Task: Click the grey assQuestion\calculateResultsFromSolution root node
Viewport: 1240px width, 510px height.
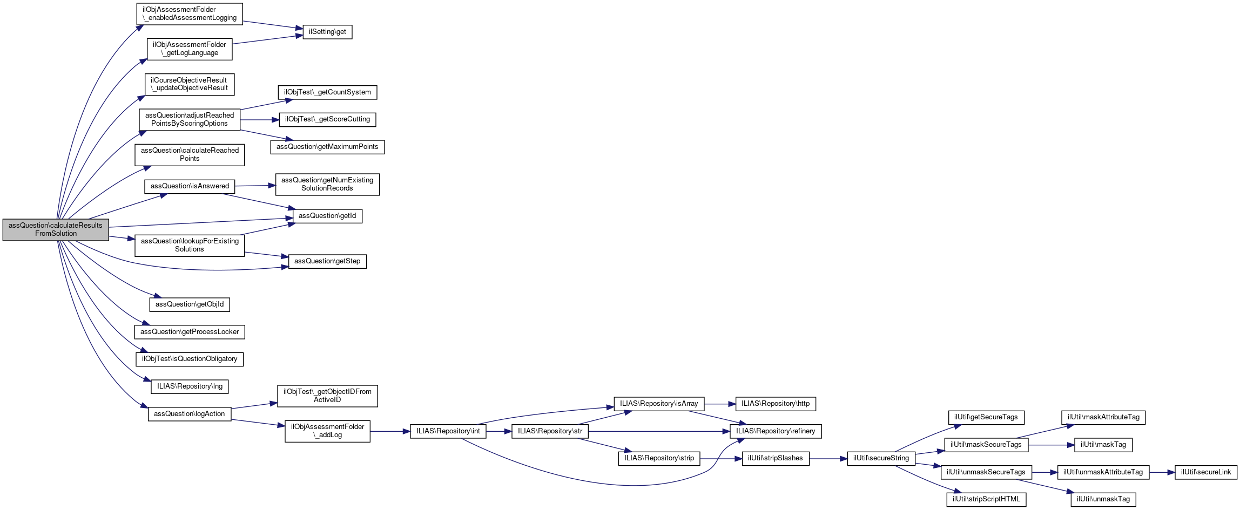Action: (x=56, y=229)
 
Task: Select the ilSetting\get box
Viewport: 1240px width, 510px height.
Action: (x=327, y=32)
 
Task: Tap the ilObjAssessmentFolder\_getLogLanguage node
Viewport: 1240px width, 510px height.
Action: (x=190, y=49)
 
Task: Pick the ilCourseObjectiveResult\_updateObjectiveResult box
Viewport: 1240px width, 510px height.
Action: (x=190, y=84)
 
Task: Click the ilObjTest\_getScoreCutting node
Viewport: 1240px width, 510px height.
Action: (x=327, y=119)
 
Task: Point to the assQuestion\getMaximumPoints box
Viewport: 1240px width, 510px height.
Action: (x=327, y=147)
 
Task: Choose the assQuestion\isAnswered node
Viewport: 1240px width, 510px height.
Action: (x=190, y=186)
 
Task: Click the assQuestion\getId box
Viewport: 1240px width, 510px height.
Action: (x=327, y=216)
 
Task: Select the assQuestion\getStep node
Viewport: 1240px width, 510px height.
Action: (x=327, y=261)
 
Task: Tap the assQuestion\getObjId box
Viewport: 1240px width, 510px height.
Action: (x=190, y=304)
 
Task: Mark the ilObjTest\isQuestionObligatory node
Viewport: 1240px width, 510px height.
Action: (x=190, y=359)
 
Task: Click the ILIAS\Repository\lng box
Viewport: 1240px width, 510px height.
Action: (x=190, y=386)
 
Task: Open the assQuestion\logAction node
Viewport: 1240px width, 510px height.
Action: (x=190, y=414)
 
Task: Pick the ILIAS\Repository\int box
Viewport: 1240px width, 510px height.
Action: (x=448, y=431)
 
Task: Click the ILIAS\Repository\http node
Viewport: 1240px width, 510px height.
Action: (x=776, y=404)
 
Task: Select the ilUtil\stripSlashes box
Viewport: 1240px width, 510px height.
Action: (x=776, y=458)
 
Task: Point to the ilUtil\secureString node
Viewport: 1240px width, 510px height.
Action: (x=881, y=458)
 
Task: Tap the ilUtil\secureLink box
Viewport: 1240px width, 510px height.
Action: (x=1205, y=472)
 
